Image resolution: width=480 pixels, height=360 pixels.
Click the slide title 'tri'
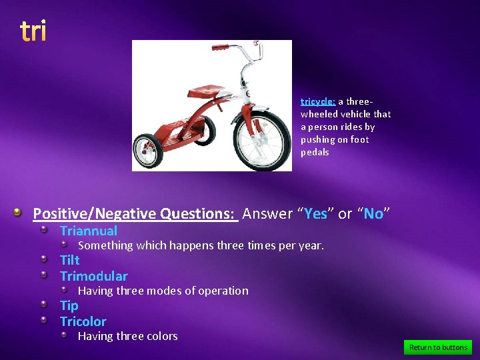point(33,31)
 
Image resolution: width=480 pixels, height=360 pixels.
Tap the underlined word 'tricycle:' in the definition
point(318,101)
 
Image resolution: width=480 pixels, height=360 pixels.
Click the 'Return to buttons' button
point(438,347)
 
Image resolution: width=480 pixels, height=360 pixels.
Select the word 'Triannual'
point(89,231)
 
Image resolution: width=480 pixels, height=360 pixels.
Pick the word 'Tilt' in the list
point(69,260)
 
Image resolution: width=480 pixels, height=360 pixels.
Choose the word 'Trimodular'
point(93,276)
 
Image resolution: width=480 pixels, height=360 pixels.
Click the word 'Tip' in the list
point(69,305)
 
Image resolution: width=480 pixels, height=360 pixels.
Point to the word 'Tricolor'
point(83,321)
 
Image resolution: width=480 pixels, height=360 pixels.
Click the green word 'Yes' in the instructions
point(316,213)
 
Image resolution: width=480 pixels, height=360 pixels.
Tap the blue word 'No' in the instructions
point(373,213)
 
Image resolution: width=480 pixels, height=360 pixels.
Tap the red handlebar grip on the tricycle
point(220,48)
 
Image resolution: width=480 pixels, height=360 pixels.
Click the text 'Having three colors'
point(128,336)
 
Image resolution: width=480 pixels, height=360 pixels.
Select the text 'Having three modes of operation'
point(163,291)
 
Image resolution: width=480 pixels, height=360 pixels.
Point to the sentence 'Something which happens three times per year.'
point(201,245)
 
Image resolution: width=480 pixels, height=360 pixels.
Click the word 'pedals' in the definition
point(315,152)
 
